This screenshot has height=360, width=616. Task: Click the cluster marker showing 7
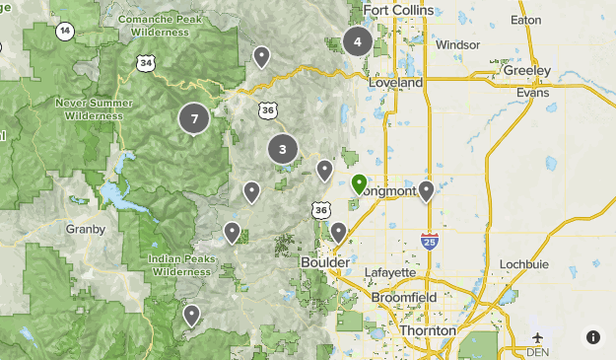pos(194,119)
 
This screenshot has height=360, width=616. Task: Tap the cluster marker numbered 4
pos(357,42)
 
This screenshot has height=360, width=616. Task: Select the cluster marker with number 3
pos(283,150)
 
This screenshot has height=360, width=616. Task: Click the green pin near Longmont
pos(360,184)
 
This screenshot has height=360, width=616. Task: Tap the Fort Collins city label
pos(398,11)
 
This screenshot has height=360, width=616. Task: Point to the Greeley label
pos(527,71)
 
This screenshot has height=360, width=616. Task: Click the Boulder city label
pos(324,264)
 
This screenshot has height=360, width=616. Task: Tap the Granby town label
pos(86,229)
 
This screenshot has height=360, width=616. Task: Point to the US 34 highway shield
pos(147,63)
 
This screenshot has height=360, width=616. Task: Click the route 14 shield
pos(65,31)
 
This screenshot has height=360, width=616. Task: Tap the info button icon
pos(593,337)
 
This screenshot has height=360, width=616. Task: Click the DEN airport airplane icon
pos(537,336)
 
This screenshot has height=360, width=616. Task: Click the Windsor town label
pos(457,45)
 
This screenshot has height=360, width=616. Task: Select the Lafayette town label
pos(389,272)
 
